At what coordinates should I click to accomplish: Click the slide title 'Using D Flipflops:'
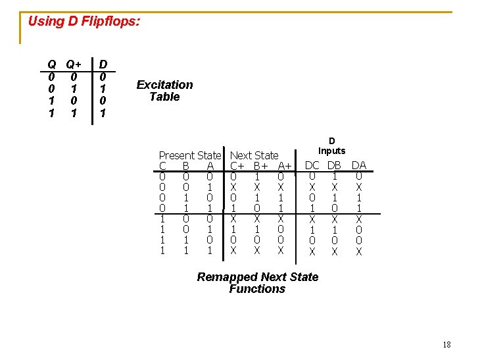point(84,21)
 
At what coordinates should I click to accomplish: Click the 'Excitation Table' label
point(164,91)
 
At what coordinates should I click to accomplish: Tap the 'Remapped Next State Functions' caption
point(257,283)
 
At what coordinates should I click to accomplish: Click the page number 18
point(446,345)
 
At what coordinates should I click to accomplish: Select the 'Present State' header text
point(190,155)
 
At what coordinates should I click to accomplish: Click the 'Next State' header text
point(254,155)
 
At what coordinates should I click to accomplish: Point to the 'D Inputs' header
point(332,145)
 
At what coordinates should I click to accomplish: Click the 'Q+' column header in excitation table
point(73,64)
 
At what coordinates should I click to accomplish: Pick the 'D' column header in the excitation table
point(103,64)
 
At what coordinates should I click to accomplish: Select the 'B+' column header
point(260,166)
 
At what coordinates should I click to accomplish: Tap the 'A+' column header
point(285,166)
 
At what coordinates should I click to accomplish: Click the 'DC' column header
point(312,165)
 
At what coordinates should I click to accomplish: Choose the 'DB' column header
point(334,165)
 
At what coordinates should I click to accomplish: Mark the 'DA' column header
point(359,165)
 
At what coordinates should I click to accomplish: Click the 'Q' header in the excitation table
point(51,64)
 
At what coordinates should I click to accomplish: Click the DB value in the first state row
point(334,176)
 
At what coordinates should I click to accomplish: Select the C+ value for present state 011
point(233,209)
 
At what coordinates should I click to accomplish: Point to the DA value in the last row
point(359,251)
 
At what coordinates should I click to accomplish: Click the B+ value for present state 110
point(256,240)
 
